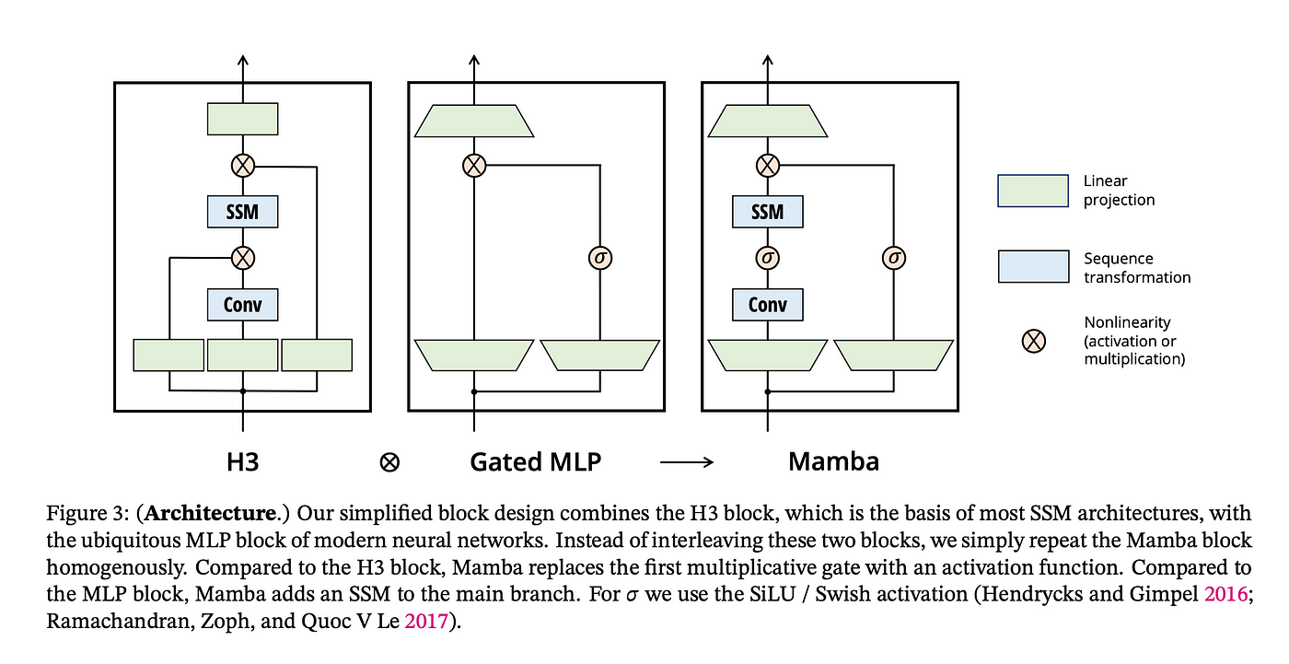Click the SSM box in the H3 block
pos(242,212)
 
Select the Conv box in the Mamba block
pos(767,304)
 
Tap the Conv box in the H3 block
pos(242,304)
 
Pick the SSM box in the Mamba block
pos(767,212)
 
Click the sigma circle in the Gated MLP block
pos(600,258)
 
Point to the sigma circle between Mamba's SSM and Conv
pos(767,258)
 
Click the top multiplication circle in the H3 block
pos(242,166)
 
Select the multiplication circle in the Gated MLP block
pos(473,166)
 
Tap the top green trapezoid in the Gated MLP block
pos(474,121)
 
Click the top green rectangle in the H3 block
pos(242,119)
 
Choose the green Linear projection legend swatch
pos(1033,191)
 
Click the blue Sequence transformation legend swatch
pos(1033,267)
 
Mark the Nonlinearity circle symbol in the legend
pos(1034,341)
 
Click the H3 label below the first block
pos(242,461)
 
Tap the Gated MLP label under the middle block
pos(535,461)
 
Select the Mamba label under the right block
pos(833,461)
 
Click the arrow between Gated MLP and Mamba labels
pos(687,462)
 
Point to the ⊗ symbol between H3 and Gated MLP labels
pos(389,462)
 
